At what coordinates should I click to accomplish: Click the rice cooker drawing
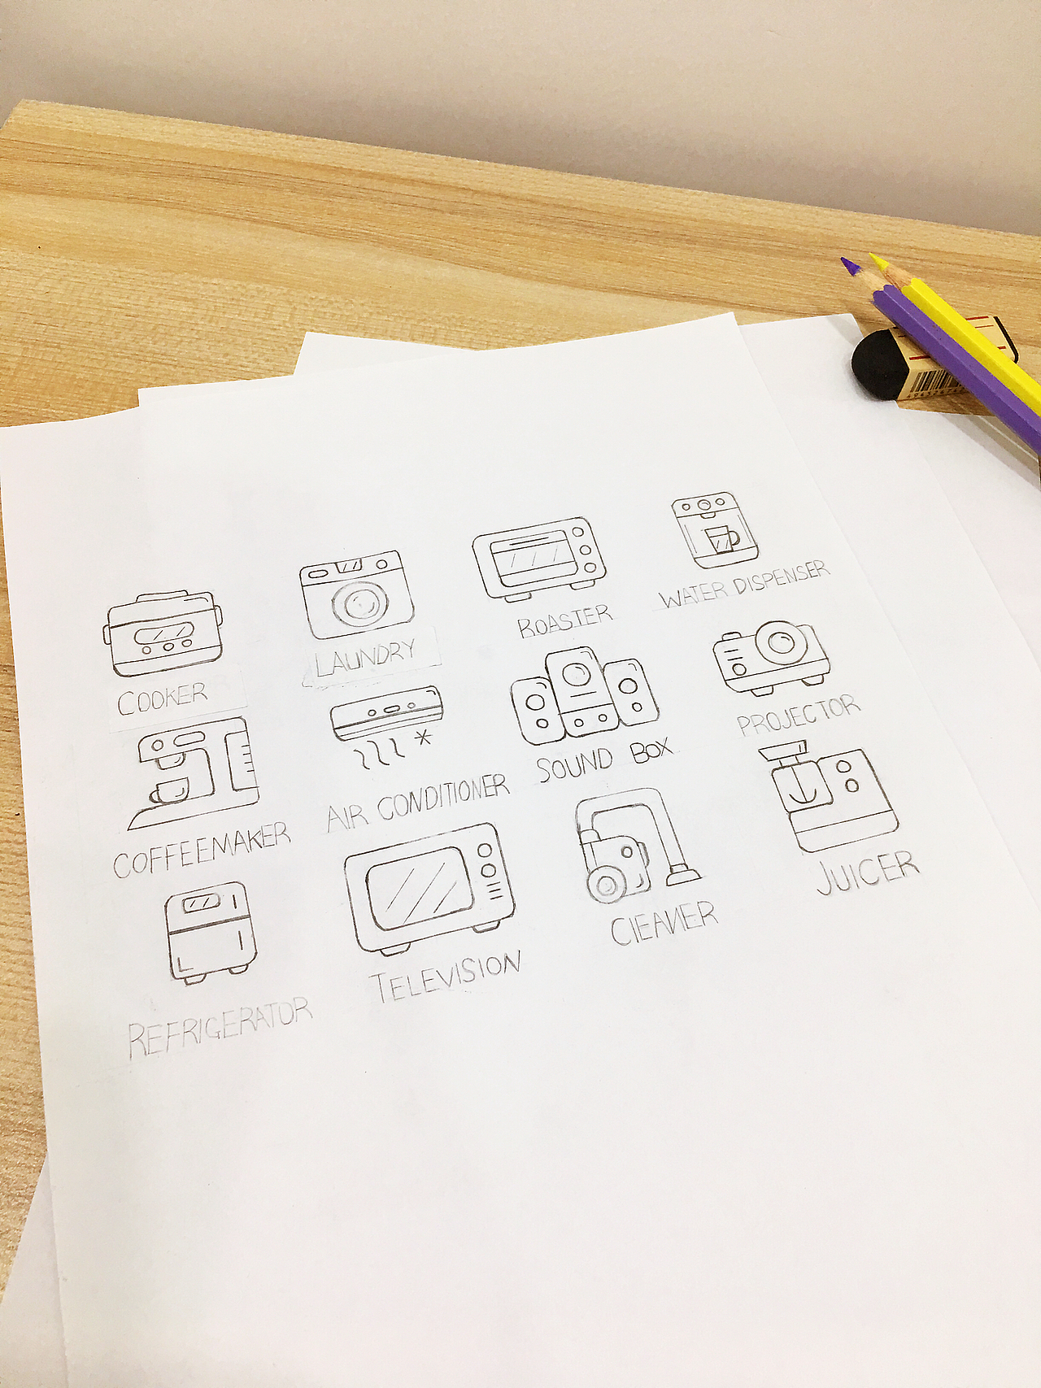[163, 633]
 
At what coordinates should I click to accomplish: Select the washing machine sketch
[356, 594]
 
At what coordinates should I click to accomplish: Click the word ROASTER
[564, 620]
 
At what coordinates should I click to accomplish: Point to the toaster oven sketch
[540, 559]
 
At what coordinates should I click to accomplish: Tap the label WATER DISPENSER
[744, 584]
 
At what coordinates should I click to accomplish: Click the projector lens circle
[779, 642]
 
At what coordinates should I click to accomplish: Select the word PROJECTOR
[798, 715]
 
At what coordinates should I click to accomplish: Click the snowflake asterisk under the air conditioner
[422, 738]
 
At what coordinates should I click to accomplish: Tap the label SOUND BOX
[604, 760]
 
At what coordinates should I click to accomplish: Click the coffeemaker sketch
[194, 772]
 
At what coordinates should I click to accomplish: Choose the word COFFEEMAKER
[202, 850]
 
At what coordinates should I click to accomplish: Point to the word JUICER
[868, 872]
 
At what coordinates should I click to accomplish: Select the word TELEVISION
[446, 976]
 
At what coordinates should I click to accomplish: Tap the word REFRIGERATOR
[220, 1027]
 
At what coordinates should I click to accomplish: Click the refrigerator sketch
[211, 933]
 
